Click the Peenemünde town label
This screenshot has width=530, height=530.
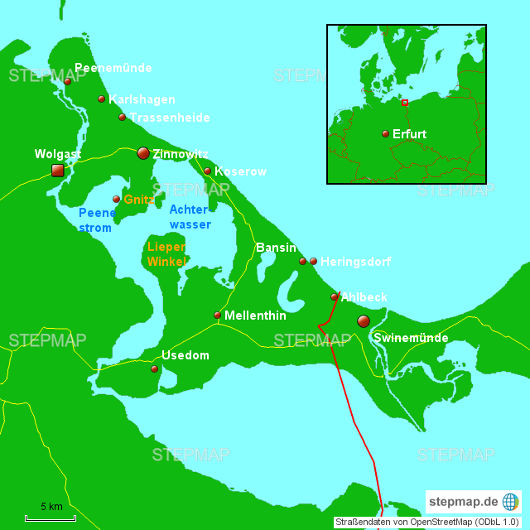113,68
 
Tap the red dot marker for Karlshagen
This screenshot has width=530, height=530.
102,99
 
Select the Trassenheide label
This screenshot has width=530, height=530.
170,118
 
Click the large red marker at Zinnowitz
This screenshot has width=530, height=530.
143,153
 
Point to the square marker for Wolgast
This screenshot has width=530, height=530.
57,171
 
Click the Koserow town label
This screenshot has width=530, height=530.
240,171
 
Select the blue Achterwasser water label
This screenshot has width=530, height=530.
190,217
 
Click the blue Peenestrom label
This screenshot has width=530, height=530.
95,220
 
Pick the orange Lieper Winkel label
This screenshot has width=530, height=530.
166,254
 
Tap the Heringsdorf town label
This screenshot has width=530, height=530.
355,262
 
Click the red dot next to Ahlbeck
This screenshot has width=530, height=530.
335,296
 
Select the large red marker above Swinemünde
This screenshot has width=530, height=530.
364,320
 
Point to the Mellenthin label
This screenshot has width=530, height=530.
255,316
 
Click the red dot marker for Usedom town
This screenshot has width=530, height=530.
154,369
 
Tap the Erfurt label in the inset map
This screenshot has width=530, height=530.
410,133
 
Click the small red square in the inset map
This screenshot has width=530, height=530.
405,103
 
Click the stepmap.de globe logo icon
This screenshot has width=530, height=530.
510,502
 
